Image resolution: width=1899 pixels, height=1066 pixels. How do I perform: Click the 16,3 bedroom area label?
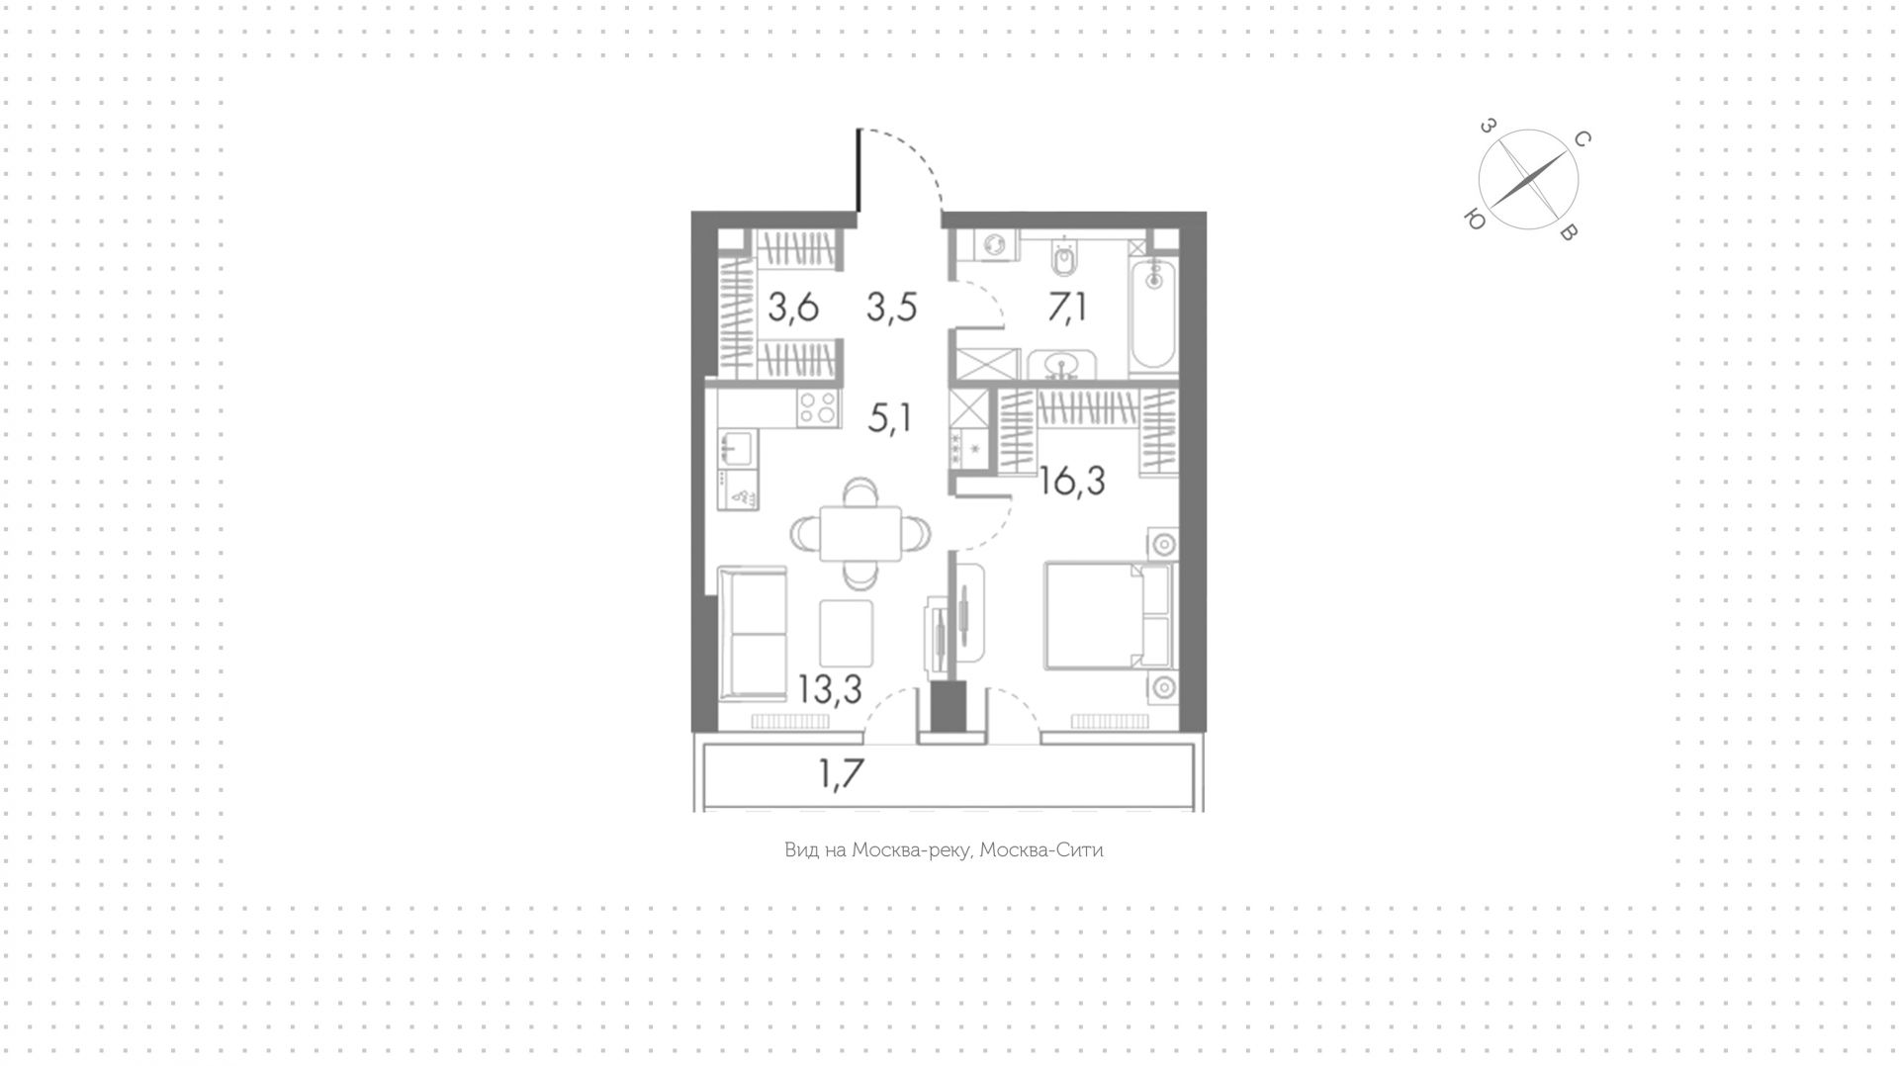point(1072,482)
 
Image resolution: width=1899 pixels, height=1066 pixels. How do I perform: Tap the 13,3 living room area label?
point(830,690)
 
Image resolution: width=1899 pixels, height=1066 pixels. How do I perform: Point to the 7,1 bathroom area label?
point(1068,307)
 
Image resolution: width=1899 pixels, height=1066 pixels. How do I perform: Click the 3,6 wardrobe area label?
point(793,308)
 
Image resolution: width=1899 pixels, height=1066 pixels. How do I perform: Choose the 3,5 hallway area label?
point(892,308)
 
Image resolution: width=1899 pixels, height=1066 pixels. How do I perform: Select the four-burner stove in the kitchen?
point(818,407)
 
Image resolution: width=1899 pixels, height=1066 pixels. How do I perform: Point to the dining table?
point(861,534)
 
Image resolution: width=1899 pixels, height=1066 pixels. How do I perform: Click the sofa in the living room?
point(752,634)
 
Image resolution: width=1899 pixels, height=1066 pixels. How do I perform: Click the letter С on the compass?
point(1582,139)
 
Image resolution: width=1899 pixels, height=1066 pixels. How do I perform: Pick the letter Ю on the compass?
point(1475,221)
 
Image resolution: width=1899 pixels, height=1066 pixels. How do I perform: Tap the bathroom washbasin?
point(1064,366)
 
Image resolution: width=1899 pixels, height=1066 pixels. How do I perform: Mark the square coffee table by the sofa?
point(847,633)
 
